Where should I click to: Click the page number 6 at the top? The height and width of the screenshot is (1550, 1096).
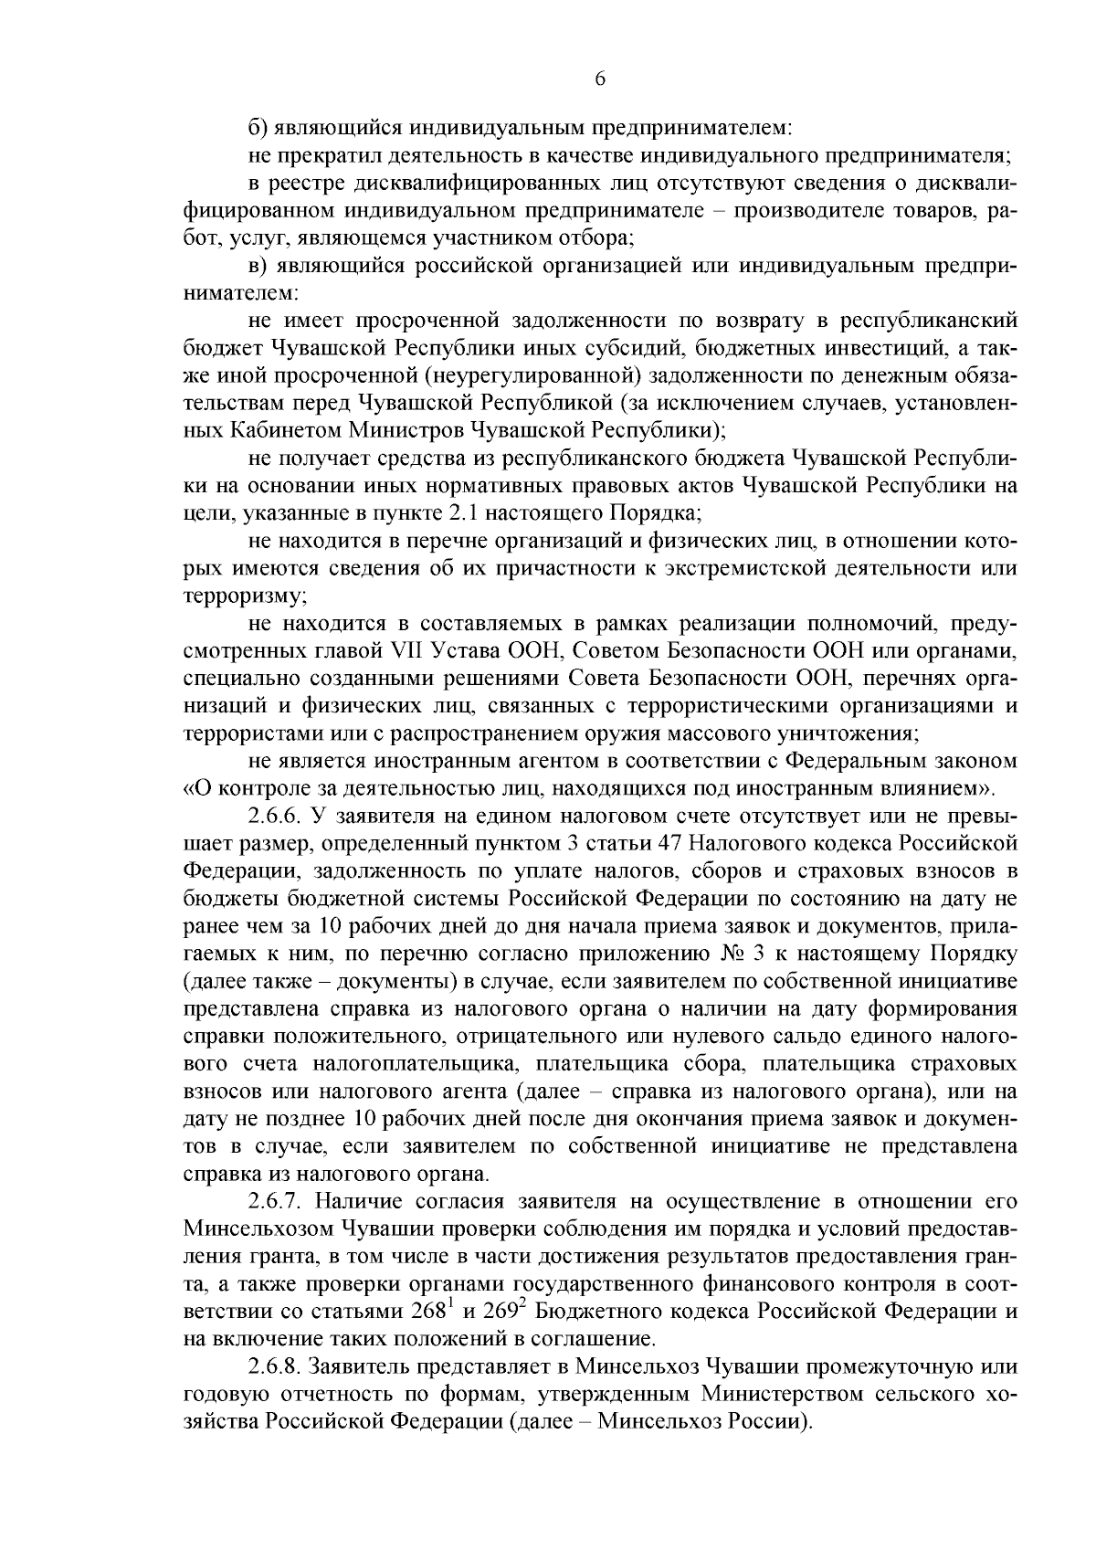click(600, 79)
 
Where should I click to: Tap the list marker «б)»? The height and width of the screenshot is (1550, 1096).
click(258, 129)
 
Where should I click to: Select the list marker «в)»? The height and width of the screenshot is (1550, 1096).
click(258, 266)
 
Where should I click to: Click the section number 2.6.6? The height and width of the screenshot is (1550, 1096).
click(275, 814)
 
